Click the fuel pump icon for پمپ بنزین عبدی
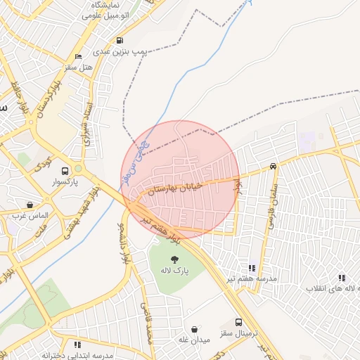coord(120,41)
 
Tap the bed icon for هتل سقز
coord(77,56)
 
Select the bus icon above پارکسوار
coord(65,171)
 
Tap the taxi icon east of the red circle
coord(273,167)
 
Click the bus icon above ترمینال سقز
coord(239,322)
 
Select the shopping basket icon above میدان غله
coord(194,329)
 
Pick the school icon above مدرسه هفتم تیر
coord(251,268)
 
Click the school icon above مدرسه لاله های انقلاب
coord(342,278)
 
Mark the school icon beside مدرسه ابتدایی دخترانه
coord(77,345)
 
